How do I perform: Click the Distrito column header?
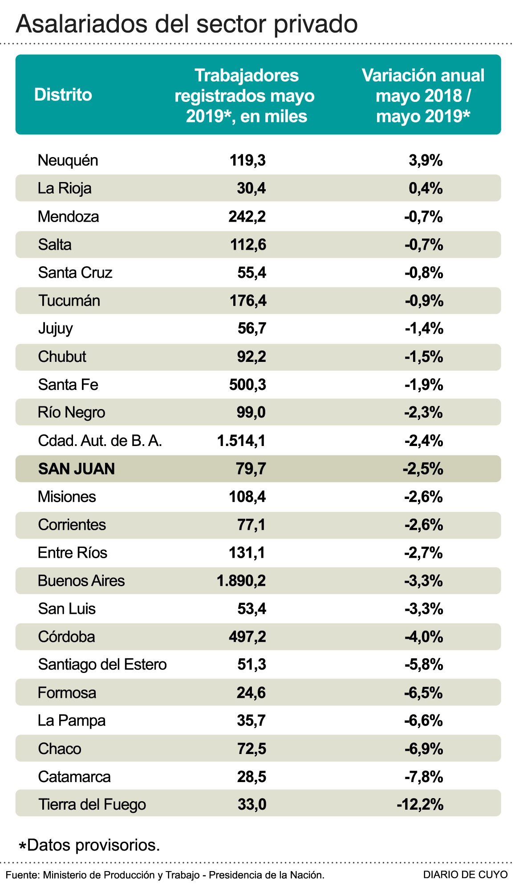tap(63, 95)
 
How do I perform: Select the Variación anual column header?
tap(423, 95)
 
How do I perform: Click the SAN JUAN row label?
tap(77, 469)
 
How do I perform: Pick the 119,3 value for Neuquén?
tap(247, 160)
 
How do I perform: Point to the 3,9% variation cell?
tap(426, 160)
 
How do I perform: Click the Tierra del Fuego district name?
tap(92, 804)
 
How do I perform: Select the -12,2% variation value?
tap(420, 804)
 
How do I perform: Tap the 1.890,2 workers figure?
tap(241, 580)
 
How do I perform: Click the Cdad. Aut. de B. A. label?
tap(100, 441)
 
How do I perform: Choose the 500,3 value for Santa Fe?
tap(247, 385)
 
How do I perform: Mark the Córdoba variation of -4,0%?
tap(424, 637)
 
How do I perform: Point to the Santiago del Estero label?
tap(102, 664)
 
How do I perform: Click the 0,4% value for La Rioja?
tap(426, 188)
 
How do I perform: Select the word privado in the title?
tap(316, 24)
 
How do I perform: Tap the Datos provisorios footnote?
tap(89, 844)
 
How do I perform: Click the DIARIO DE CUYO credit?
tap(465, 875)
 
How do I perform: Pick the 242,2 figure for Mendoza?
tap(247, 216)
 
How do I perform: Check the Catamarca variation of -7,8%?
tap(424, 777)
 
